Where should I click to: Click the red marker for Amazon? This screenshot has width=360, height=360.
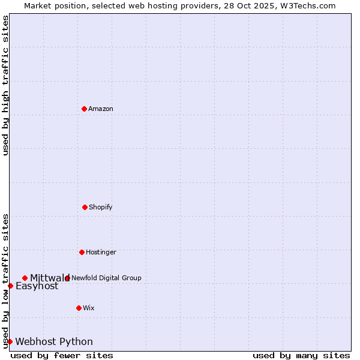pyautogui.click(x=84, y=109)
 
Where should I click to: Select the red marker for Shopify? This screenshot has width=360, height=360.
pyautogui.click(x=85, y=207)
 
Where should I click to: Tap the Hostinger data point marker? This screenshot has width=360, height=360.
pyautogui.click(x=82, y=252)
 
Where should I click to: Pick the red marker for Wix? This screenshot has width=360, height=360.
pyautogui.click(x=79, y=308)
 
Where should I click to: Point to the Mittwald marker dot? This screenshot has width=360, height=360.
pyautogui.click(x=25, y=278)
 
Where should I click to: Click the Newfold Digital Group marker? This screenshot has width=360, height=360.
pyautogui.click(x=67, y=278)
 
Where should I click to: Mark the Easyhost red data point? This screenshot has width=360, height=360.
pyautogui.click(x=10, y=286)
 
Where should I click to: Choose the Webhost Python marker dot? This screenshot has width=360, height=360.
pyautogui.click(x=10, y=341)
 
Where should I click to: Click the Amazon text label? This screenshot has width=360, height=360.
pyautogui.click(x=101, y=109)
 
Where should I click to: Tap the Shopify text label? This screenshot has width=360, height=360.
pyautogui.click(x=101, y=207)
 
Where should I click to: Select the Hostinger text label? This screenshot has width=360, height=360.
pyautogui.click(x=101, y=252)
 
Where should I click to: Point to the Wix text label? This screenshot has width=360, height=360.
pyautogui.click(x=89, y=308)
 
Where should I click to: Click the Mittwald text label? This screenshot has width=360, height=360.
pyautogui.click(x=50, y=278)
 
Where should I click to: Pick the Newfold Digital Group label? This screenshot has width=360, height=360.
pyautogui.click(x=106, y=278)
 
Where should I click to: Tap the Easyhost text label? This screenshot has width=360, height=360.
pyautogui.click(x=37, y=286)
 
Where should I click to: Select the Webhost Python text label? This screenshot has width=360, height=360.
pyautogui.click(x=54, y=342)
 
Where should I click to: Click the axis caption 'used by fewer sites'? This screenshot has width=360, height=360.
pyautogui.click(x=62, y=355)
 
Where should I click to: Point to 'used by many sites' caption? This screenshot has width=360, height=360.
pyautogui.click(x=301, y=355)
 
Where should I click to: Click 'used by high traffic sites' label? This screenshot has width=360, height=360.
pyautogui.click(x=5, y=86)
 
